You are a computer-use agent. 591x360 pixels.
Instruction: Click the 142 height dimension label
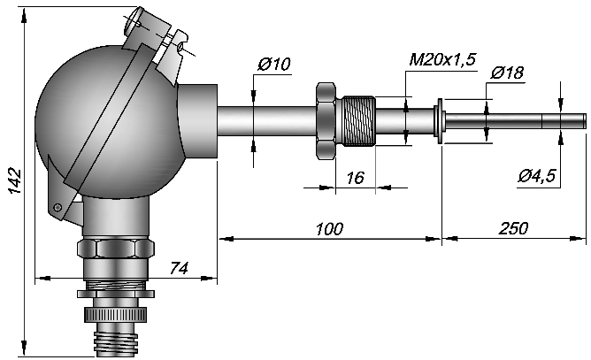point(15,181)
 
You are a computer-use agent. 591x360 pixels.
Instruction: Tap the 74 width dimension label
point(179,268)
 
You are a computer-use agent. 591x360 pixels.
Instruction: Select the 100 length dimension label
point(329,229)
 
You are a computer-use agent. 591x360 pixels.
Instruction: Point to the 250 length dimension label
point(514,228)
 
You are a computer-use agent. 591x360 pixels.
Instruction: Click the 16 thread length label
point(356,178)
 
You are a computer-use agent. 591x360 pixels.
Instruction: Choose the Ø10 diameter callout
point(274,64)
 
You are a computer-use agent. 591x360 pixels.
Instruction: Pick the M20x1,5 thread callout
point(443,59)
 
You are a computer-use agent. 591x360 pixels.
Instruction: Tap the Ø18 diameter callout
point(507,73)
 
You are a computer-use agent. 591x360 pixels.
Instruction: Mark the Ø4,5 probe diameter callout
point(537,176)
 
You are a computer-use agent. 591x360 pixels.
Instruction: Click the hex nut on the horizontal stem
point(326,121)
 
